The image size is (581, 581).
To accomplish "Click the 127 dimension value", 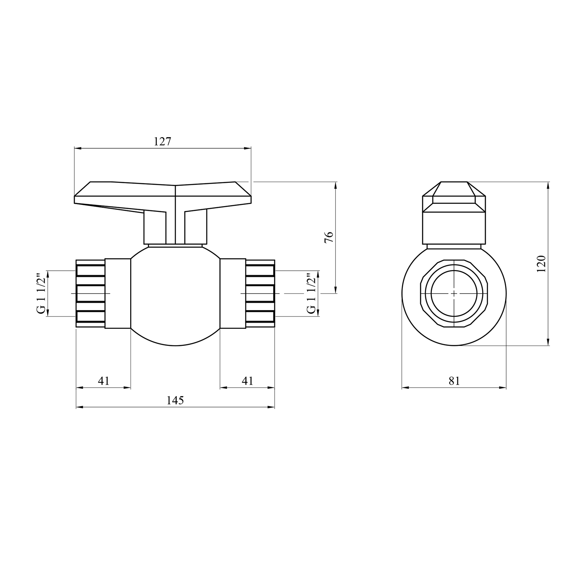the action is click(x=162, y=142).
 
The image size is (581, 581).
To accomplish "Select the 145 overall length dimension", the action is click(x=175, y=401).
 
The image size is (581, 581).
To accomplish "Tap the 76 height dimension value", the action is click(x=328, y=237).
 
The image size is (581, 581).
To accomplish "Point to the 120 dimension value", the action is click(x=541, y=263).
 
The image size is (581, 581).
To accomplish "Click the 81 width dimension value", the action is click(x=454, y=381).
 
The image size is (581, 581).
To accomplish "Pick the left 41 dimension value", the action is click(x=103, y=381).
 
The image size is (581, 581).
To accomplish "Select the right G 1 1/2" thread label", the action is click(x=310, y=294).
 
